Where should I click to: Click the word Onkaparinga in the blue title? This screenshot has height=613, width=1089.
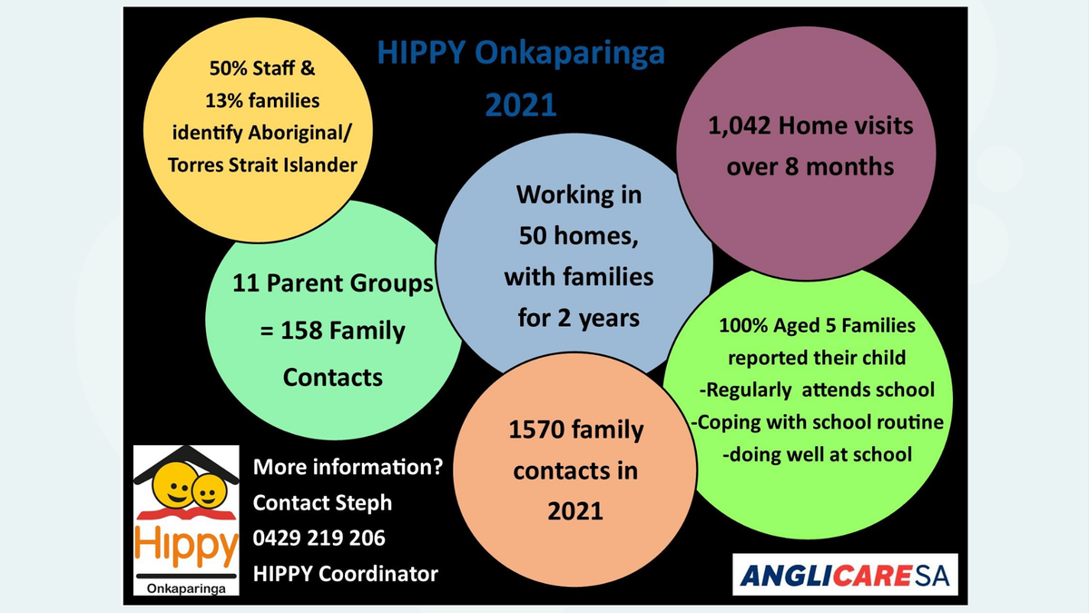click(569, 54)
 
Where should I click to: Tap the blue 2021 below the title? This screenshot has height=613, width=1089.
click(521, 105)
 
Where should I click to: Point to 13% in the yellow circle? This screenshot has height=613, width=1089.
click(224, 101)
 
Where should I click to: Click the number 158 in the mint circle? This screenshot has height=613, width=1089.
click(301, 331)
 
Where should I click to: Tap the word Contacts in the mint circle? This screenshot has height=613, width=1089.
click(333, 378)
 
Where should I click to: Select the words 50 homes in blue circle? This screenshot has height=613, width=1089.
click(578, 236)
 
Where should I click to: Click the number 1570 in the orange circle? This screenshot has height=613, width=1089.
click(536, 430)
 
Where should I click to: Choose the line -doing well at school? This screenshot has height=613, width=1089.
click(818, 454)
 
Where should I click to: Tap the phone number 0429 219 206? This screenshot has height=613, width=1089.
click(319, 538)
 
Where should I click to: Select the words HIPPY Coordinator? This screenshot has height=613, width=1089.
click(345, 574)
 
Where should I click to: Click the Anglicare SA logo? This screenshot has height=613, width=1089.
click(845, 575)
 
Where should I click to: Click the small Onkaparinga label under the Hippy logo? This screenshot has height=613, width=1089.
click(186, 588)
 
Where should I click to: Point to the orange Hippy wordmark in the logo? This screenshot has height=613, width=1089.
click(186, 546)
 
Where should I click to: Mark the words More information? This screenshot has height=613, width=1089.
click(348, 467)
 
